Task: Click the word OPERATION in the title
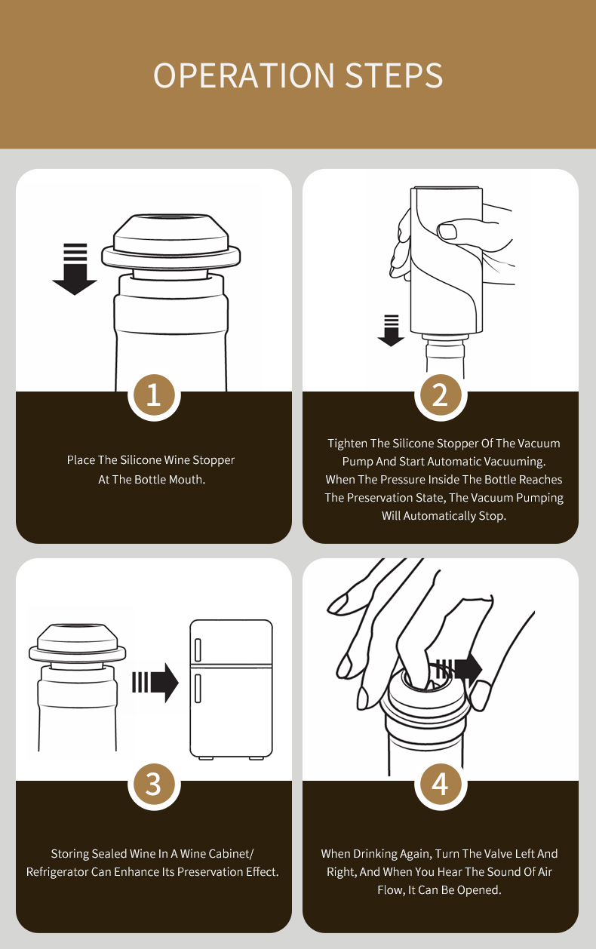coord(244,75)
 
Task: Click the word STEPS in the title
coord(395,75)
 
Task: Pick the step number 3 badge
coord(154,785)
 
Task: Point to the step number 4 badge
coord(441,785)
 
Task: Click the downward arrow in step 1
coord(75,269)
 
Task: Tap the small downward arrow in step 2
coord(391,330)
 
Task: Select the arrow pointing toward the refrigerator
coord(155,683)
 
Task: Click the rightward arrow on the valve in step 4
coord(459,669)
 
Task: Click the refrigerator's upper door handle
coord(198,650)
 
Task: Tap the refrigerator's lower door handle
coord(198,689)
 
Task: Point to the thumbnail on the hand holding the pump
coord(447,232)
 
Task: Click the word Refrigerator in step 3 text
coord(58,872)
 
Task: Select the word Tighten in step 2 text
coord(347,444)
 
